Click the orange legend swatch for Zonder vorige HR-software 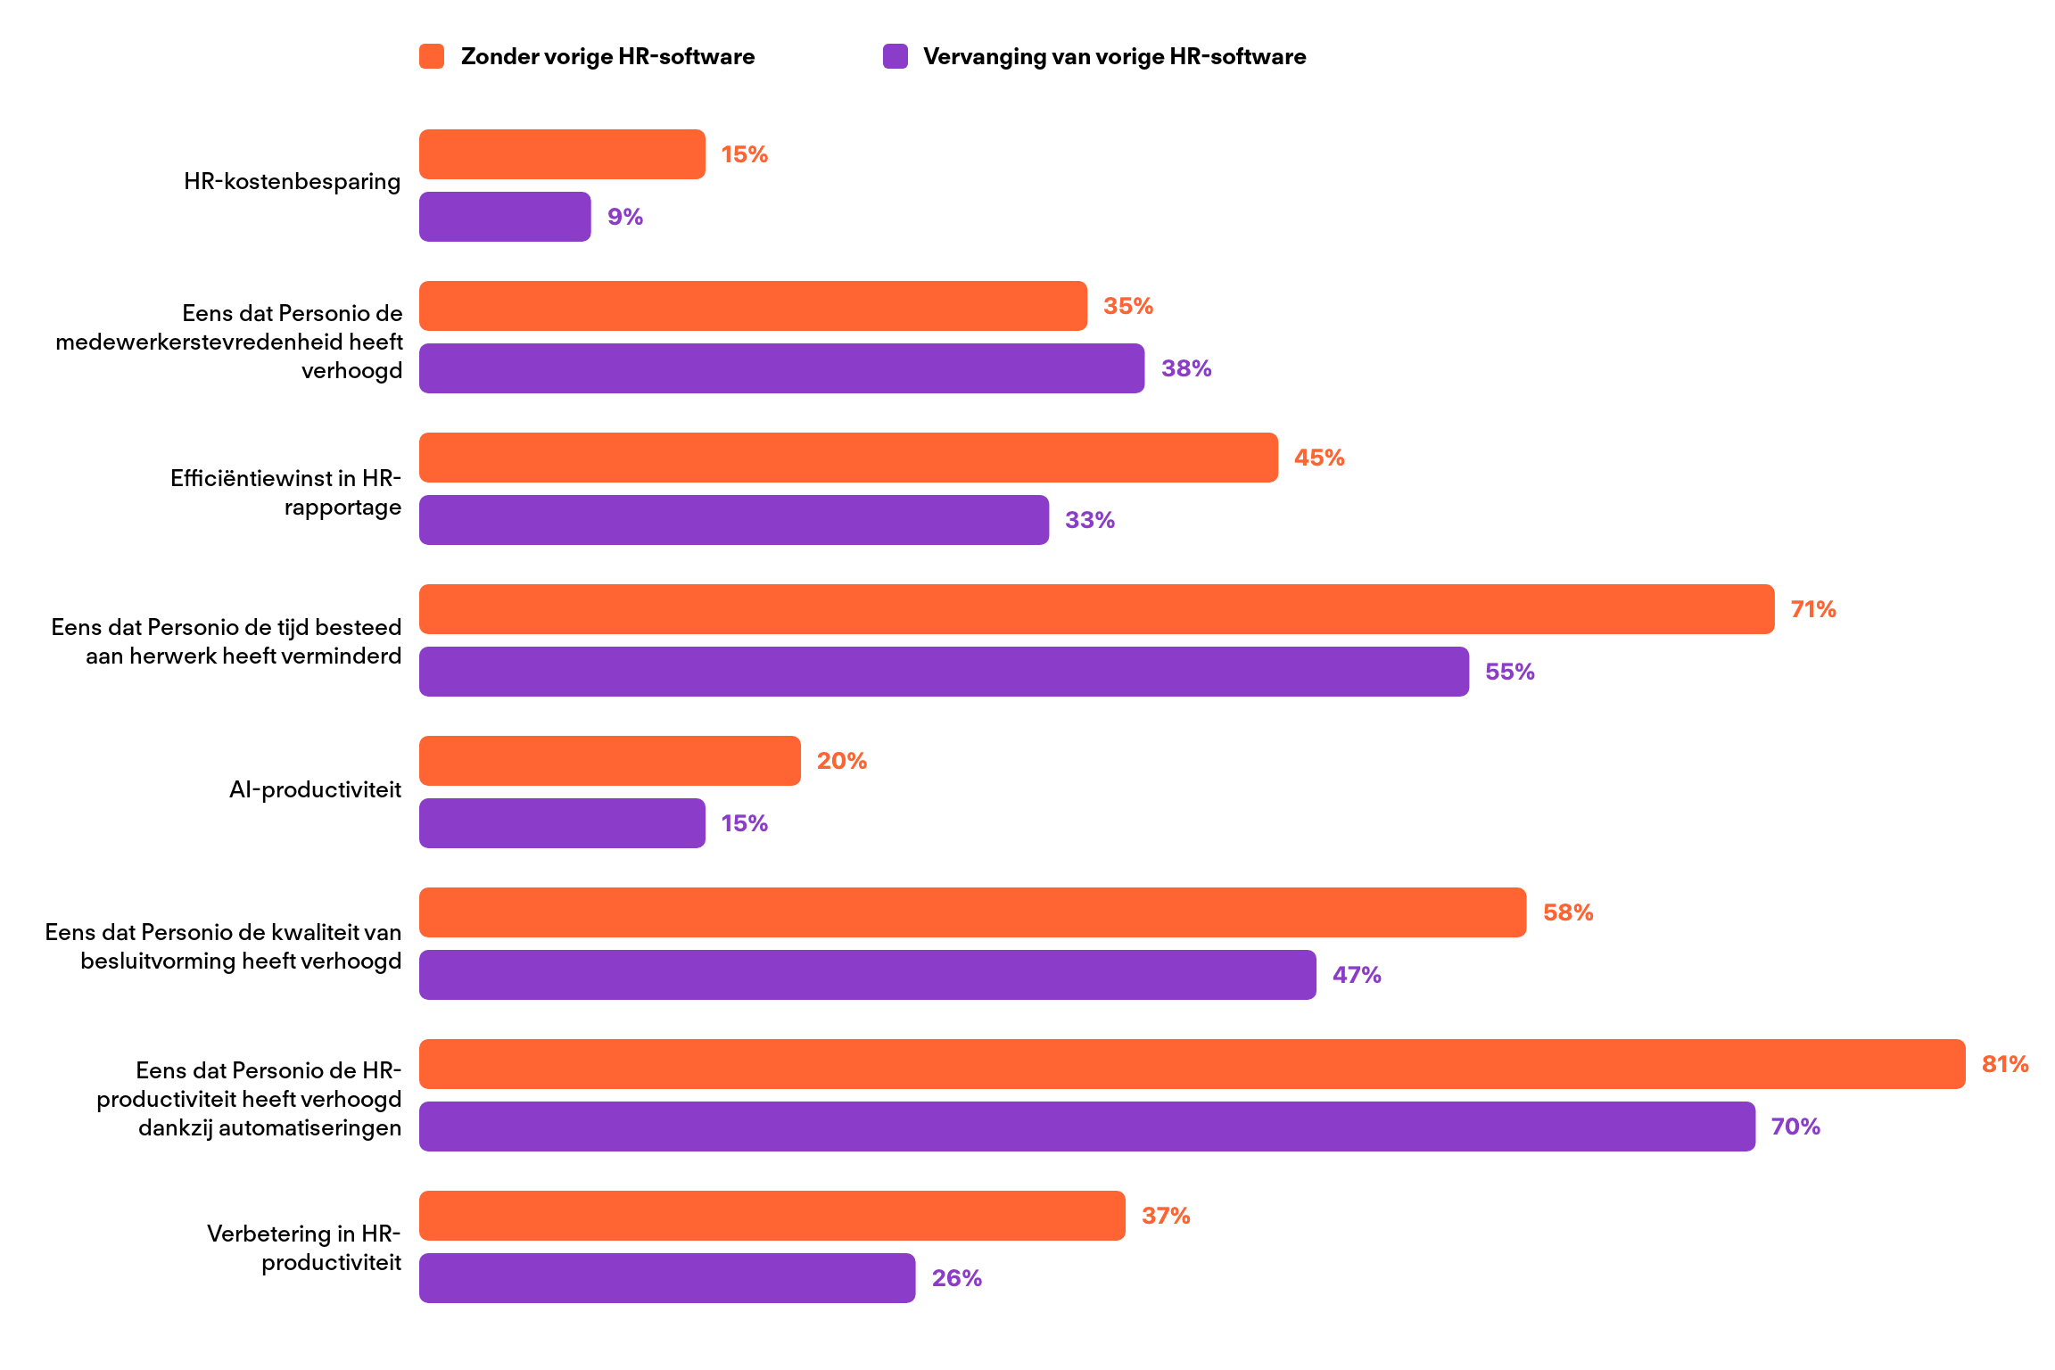(x=432, y=56)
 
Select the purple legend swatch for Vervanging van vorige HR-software (x=895, y=56)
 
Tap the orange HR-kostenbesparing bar (x=562, y=154)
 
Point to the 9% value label (x=625, y=217)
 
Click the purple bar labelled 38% (x=781, y=368)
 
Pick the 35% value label (x=1128, y=306)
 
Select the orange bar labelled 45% (x=848, y=458)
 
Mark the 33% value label (x=1090, y=520)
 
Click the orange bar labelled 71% (x=1097, y=609)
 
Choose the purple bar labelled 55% (x=944, y=672)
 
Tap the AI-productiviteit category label (x=315, y=789)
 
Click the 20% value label (x=842, y=761)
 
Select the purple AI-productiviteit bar (x=562, y=823)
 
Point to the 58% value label (x=1568, y=912)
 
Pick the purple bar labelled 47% (x=868, y=975)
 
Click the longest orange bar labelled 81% (x=1193, y=1064)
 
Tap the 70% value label (x=1795, y=1127)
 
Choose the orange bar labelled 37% (x=772, y=1216)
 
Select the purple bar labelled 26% (x=667, y=1278)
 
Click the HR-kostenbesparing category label (x=292, y=181)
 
